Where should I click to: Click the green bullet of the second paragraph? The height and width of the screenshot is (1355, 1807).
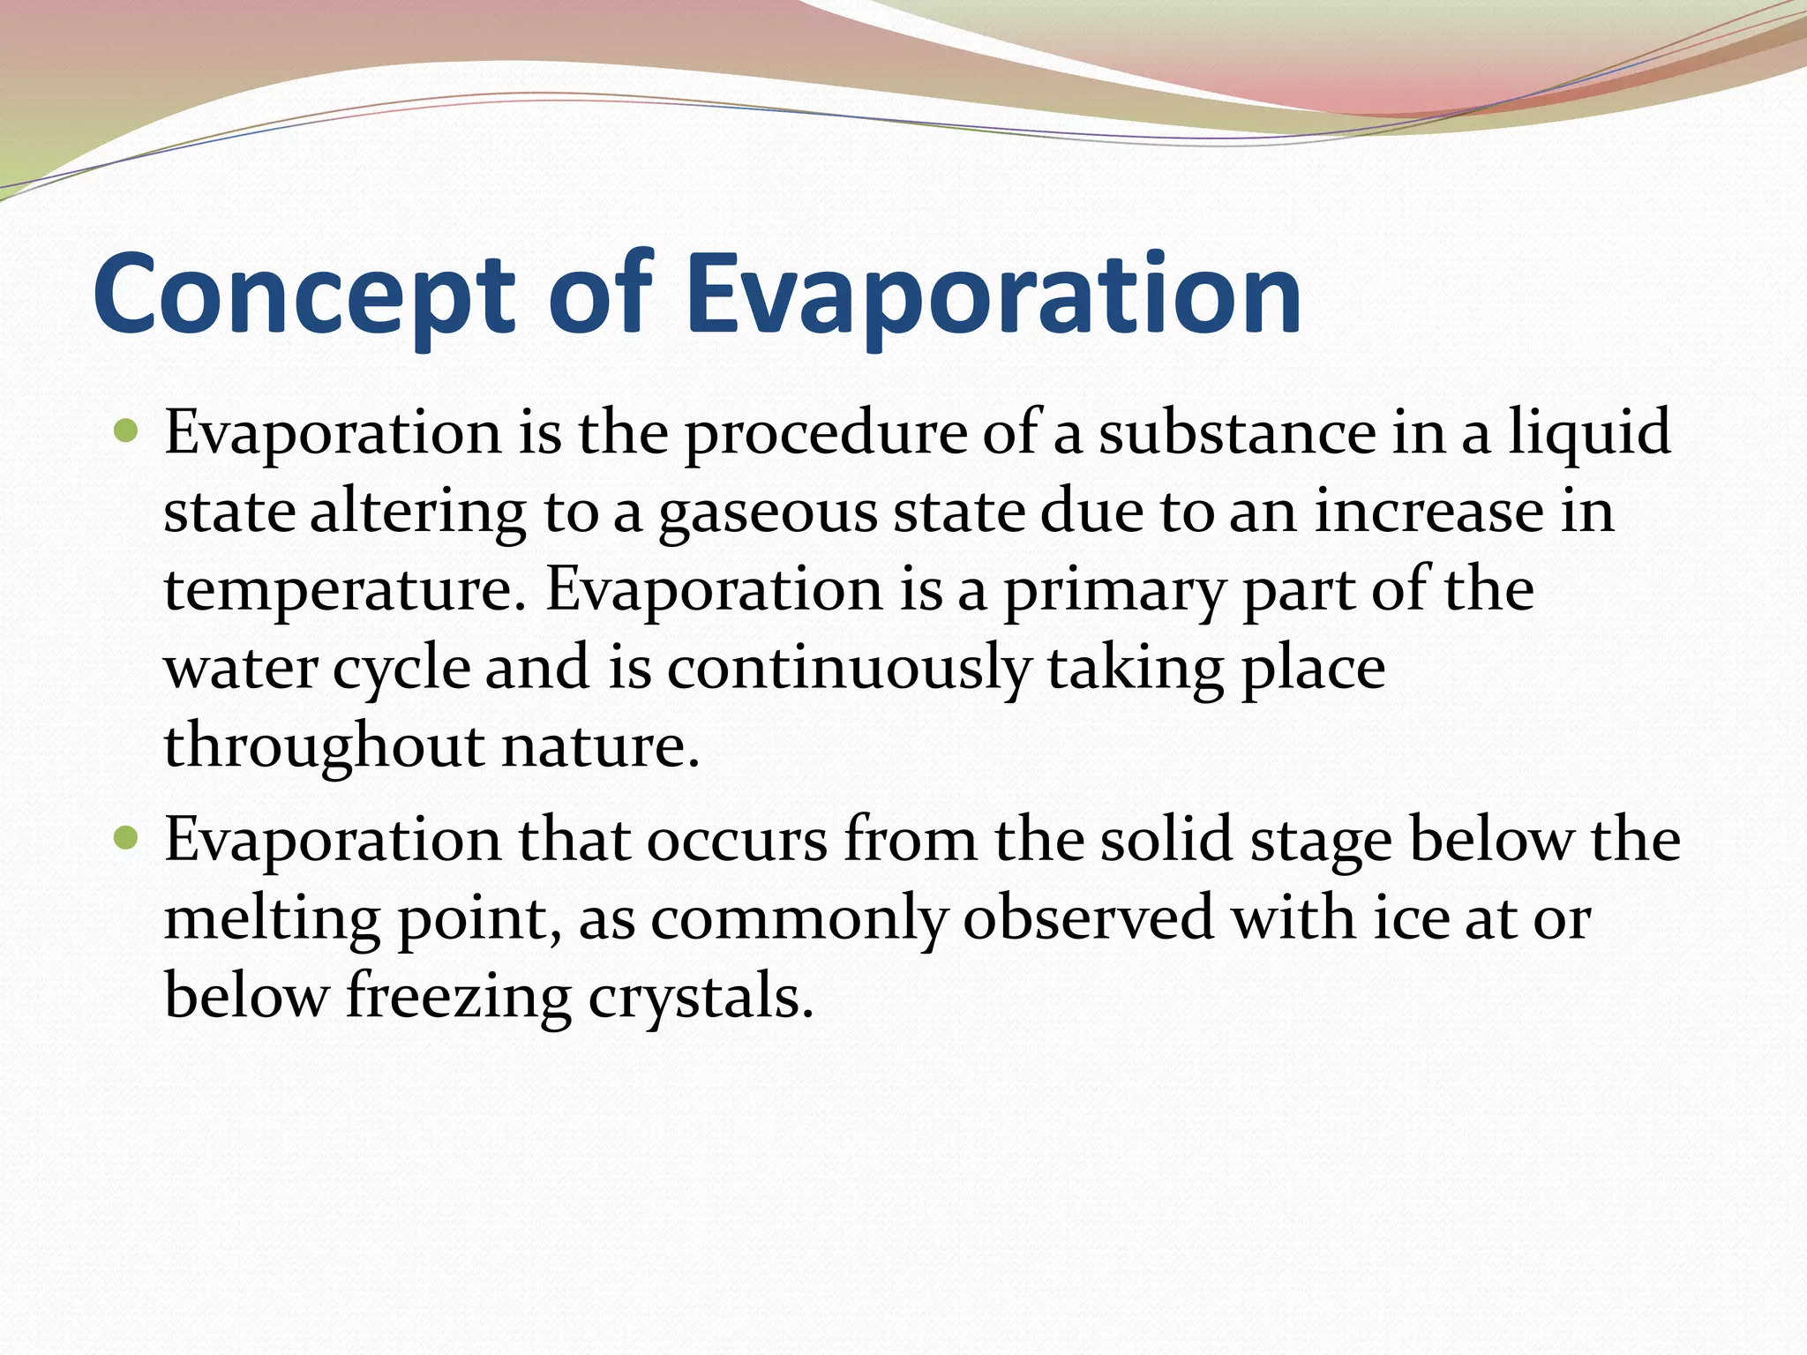tap(127, 838)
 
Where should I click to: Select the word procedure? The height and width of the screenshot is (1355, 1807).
tap(825, 434)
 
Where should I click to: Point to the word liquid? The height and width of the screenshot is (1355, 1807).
tap(1588, 434)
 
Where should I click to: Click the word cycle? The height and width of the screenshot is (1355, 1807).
tap(401, 668)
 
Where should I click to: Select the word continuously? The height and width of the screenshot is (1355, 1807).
tap(847, 668)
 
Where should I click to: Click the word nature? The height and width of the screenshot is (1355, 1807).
tap(600, 746)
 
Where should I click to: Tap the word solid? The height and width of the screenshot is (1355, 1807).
tap(1165, 840)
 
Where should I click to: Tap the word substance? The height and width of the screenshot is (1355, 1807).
tap(1235, 434)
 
